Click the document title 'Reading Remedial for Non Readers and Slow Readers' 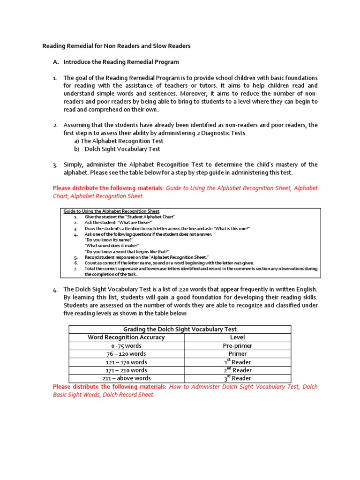click(117, 46)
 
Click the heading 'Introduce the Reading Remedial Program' click(121, 62)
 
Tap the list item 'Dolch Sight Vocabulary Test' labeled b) click(122, 149)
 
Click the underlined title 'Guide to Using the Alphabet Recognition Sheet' click(112, 211)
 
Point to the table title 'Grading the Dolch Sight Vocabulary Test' click(180, 330)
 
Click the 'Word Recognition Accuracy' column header click(127, 337)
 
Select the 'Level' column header click(237, 337)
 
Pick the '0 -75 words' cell click(127, 346)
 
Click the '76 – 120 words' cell click(127, 354)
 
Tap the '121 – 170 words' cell click(127, 362)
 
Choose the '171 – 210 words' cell click(127, 370)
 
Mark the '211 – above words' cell click(127, 378)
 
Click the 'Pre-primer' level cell click(237, 346)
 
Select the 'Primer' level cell click(237, 354)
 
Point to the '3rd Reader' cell click(237, 378)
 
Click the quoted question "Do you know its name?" click(109, 240)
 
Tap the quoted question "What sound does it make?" click(112, 246)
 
